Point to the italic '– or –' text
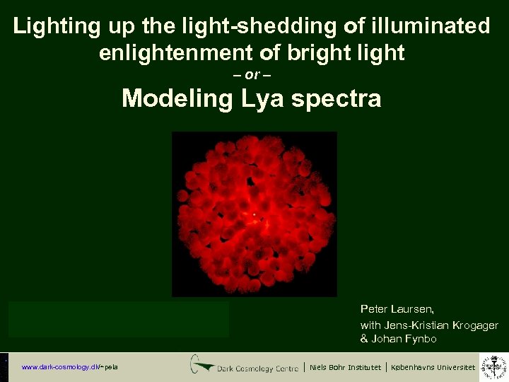(x=252, y=75)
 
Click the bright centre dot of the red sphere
(x=254, y=214)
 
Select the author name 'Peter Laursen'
(x=397, y=309)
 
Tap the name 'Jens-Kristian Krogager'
(x=440, y=325)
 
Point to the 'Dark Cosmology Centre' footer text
(x=259, y=367)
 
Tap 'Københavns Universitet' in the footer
(x=431, y=367)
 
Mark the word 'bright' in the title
(x=331, y=52)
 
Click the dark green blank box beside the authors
(x=119, y=319)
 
